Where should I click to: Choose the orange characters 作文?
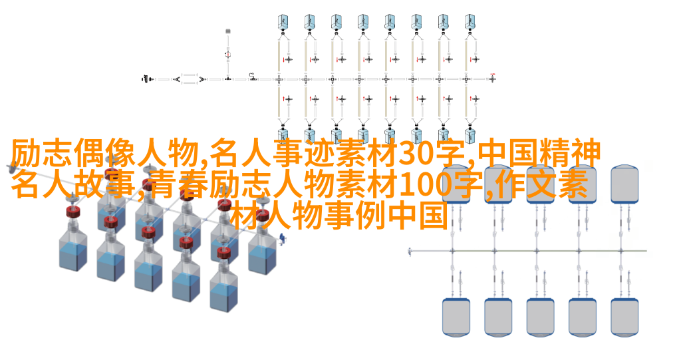tap(526, 185)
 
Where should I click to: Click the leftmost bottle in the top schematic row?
tap(283, 21)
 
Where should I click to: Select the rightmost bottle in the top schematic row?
tap(470, 21)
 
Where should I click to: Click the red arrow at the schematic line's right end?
tap(493, 75)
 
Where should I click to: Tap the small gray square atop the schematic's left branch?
tap(228, 31)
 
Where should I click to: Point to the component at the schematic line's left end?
tap(147, 79)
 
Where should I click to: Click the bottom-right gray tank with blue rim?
tap(624, 317)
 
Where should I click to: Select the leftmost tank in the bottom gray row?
tap(456, 317)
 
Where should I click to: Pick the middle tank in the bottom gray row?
tap(540, 317)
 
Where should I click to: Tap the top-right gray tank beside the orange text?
tap(624, 184)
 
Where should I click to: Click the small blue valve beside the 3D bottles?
tap(283, 238)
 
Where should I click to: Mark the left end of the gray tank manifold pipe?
tap(409, 251)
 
